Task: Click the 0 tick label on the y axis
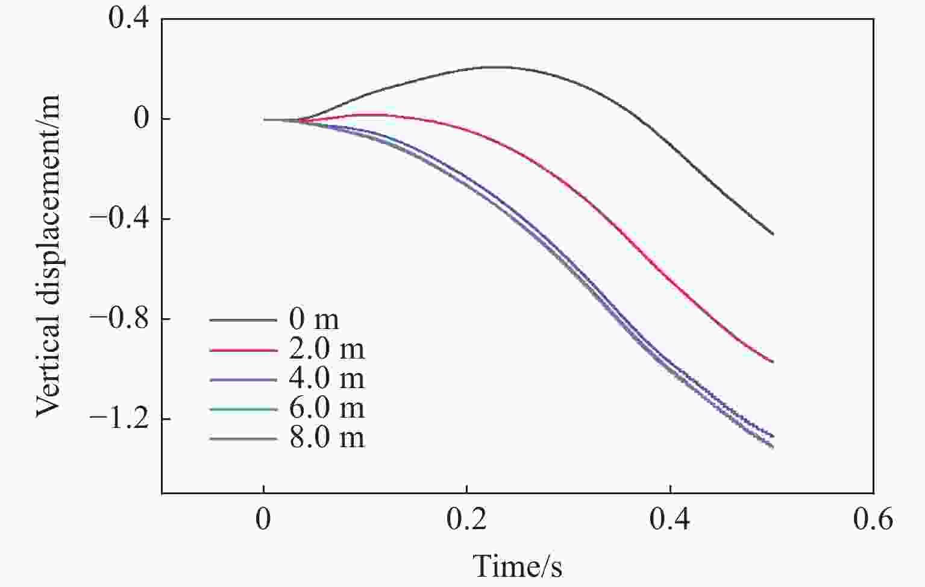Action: tap(142, 119)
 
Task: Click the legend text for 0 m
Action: tap(314, 319)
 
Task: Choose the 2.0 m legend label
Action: tap(327, 349)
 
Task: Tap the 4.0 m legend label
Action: tap(327, 378)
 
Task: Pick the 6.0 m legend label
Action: tap(327, 408)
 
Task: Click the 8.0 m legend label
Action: tap(327, 438)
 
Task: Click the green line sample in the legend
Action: tap(243, 409)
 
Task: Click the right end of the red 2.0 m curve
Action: tap(773, 362)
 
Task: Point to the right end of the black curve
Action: tap(773, 234)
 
